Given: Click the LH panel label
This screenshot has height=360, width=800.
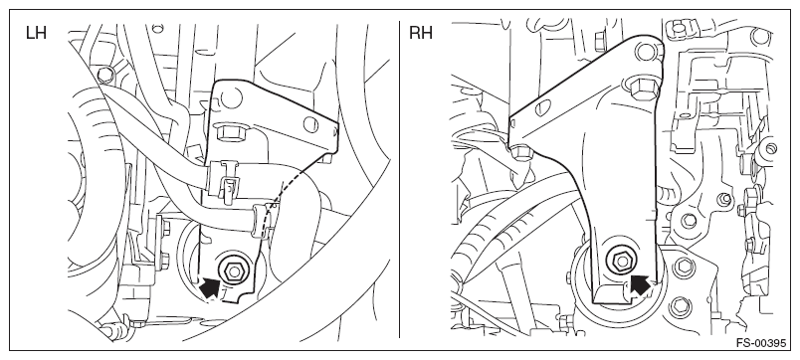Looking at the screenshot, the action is coord(36,33).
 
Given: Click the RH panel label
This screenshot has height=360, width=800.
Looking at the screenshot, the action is coord(421,33).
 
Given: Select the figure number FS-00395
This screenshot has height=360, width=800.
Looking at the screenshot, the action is coord(761,343).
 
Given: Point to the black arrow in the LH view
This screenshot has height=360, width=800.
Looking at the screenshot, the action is coord(210,287).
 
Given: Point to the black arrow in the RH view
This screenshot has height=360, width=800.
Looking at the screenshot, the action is coord(641,284).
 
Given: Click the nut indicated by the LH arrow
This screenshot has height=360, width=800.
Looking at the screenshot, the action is coord(233,270).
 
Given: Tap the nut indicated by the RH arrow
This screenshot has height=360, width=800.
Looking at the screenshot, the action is coord(622,262).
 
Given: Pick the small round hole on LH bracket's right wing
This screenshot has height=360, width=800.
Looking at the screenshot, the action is coord(308,124).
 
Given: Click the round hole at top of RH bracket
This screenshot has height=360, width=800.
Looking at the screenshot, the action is coord(645,51).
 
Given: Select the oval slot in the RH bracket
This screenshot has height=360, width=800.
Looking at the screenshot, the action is coord(544,107).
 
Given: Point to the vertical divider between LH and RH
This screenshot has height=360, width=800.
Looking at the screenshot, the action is coord(399,179).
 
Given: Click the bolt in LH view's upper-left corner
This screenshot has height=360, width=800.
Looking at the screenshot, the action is coord(104,75).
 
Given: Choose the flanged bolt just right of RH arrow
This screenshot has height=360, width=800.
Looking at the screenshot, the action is coord(684,266).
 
